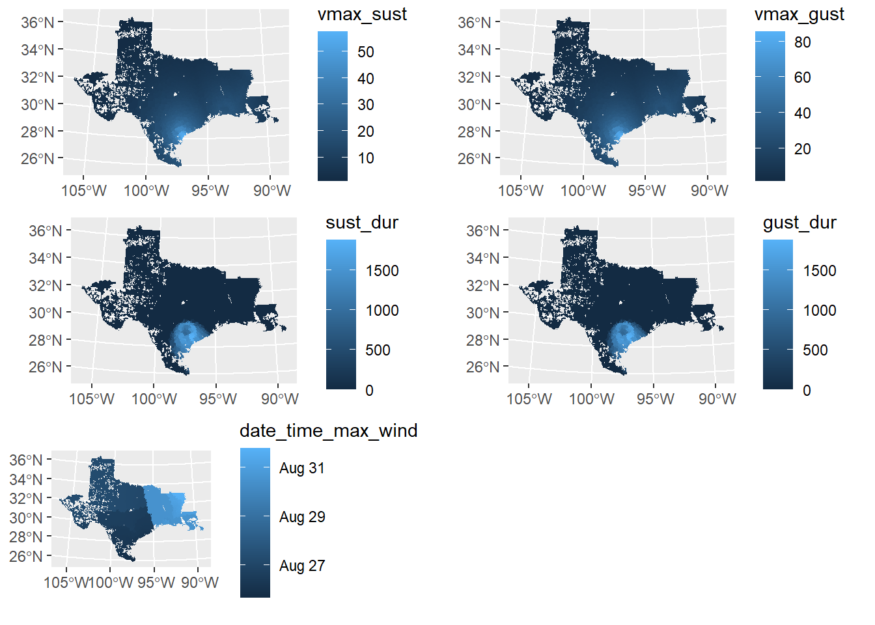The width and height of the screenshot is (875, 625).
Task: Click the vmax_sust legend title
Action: click(362, 14)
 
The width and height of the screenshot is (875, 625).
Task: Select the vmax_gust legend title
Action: click(799, 14)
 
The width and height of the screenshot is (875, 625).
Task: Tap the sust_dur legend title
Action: click(361, 223)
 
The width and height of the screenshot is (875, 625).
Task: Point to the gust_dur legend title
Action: click(799, 223)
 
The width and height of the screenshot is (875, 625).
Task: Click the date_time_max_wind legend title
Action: click(328, 431)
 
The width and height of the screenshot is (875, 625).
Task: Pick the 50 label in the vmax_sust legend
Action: click(366, 52)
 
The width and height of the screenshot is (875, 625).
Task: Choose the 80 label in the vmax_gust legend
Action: click(802, 42)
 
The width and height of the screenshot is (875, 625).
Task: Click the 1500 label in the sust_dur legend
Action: click(382, 271)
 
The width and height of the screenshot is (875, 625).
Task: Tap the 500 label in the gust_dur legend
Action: click(815, 350)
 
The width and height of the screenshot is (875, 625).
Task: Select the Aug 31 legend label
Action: click(301, 468)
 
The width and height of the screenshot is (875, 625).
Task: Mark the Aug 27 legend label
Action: click(301, 566)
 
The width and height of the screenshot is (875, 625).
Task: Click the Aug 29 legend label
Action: click(301, 517)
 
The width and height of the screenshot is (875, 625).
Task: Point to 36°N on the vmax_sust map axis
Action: click(38, 23)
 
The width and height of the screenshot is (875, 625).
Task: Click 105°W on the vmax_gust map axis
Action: click(520, 191)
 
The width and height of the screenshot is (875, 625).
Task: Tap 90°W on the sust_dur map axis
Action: click(280, 399)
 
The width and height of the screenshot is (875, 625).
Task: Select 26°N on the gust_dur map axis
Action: click(483, 367)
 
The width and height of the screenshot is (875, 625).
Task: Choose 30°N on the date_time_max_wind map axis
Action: click(26, 518)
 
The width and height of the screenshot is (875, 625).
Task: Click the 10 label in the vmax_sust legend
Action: click(366, 158)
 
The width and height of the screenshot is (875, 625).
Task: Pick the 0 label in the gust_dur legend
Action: click(807, 391)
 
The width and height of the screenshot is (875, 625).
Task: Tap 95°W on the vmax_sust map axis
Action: click(210, 191)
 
